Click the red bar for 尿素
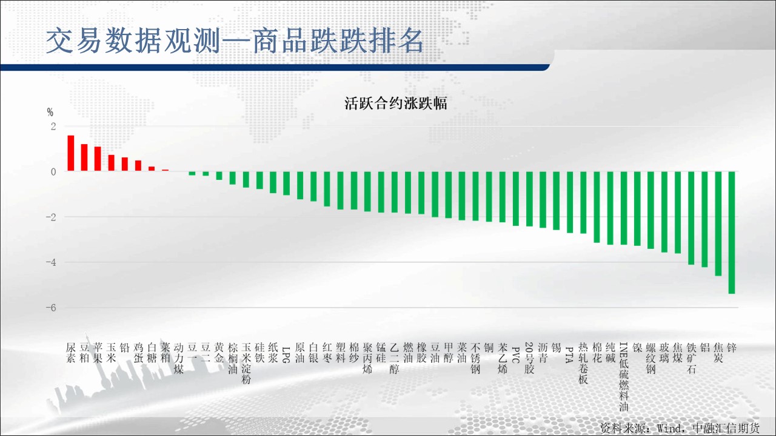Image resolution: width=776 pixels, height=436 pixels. [71, 153]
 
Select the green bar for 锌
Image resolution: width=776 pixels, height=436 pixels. [732, 233]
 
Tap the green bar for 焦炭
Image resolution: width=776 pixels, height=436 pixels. [718, 223]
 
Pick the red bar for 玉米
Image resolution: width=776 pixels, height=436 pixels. [111, 163]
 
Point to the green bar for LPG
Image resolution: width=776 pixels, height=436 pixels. [287, 183]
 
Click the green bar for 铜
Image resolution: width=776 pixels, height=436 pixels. [489, 197]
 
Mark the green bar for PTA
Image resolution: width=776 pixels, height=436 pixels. [570, 202]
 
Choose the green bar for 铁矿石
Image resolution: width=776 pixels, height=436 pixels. [691, 218]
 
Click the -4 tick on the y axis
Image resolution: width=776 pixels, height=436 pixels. [51, 262]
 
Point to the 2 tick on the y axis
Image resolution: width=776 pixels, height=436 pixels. [53, 127]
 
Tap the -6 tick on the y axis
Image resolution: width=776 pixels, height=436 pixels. [51, 308]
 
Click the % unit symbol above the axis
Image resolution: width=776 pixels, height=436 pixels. [50, 112]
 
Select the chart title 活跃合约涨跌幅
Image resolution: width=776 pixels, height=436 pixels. [396, 104]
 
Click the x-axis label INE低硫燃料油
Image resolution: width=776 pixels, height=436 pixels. [624, 377]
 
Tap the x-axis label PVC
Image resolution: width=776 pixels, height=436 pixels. [515, 355]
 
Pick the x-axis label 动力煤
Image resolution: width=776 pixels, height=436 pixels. [179, 358]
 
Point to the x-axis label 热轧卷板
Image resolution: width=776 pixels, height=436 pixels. [583, 363]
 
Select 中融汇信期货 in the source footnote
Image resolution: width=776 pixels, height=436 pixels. [726, 428]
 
